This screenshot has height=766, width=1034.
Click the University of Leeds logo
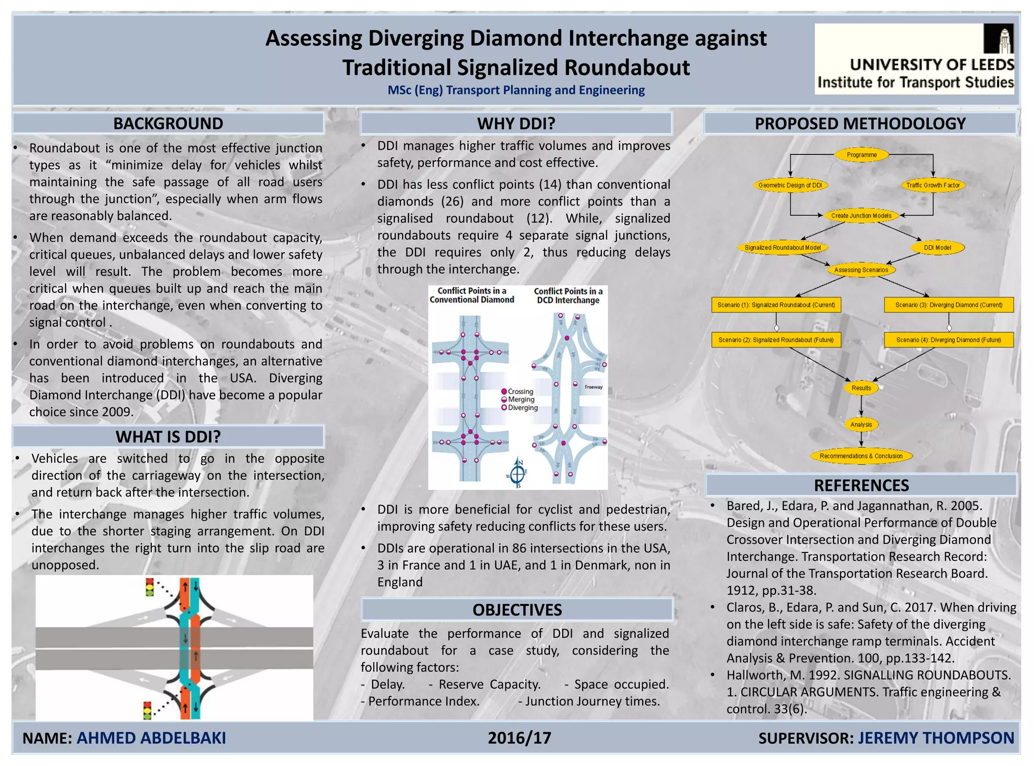click(x=914, y=59)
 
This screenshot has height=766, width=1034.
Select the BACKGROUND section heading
click(x=168, y=124)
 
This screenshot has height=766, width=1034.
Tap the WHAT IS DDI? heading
click(x=168, y=437)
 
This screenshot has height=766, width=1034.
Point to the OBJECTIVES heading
click(x=517, y=610)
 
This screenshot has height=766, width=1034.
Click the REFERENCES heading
click(x=861, y=485)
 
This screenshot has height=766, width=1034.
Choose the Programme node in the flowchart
click(x=861, y=155)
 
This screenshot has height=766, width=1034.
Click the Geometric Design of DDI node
click(x=790, y=185)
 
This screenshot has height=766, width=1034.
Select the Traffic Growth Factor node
click(x=933, y=185)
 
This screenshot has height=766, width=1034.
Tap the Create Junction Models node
click(x=861, y=216)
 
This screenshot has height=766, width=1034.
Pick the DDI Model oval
click(x=937, y=248)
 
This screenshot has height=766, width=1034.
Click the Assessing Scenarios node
click(x=861, y=270)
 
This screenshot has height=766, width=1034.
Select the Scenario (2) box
click(x=776, y=340)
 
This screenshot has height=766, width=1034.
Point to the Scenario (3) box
click(x=949, y=305)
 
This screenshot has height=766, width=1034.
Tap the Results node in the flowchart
click(x=861, y=388)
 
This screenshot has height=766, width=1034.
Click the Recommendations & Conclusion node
click(x=861, y=456)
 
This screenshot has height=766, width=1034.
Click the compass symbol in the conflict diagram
click(x=518, y=473)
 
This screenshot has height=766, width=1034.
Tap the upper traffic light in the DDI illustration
click(x=149, y=587)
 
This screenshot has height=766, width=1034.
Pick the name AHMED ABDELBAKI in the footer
click(x=151, y=738)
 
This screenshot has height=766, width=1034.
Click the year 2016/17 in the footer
click(x=519, y=738)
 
